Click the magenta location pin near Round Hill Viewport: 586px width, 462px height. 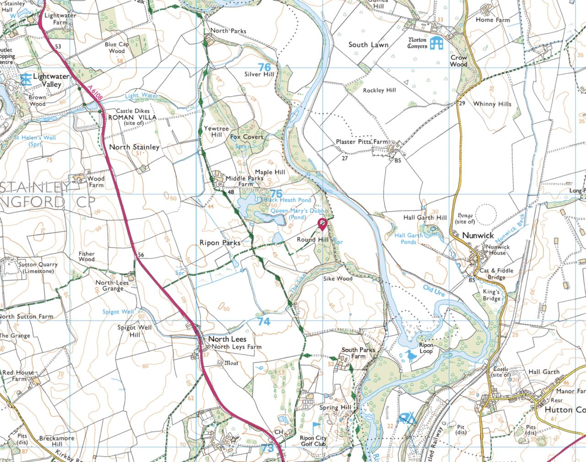(x=322, y=224)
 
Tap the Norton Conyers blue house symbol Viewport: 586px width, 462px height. (x=436, y=43)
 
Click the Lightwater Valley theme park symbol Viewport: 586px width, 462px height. (x=26, y=79)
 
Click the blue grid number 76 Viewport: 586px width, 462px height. (x=264, y=67)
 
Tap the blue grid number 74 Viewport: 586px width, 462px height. (x=263, y=322)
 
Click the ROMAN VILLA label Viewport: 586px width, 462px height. (x=132, y=117)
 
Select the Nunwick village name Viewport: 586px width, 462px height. (x=478, y=235)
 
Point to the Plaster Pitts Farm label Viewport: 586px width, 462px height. (x=362, y=142)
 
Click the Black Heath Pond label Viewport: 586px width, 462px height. (x=287, y=200)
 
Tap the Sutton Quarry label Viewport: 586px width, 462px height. (x=38, y=268)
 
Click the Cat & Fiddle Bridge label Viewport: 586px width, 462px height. (x=497, y=274)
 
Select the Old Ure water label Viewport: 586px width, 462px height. (x=434, y=291)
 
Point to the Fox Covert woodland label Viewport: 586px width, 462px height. (x=247, y=137)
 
